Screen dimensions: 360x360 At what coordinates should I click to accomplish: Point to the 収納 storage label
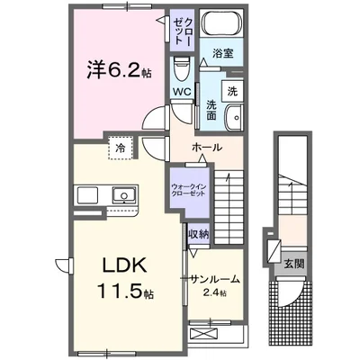[198, 234]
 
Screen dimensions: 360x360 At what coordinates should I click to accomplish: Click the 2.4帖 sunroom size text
[215, 293]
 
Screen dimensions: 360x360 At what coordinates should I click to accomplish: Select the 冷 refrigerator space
[119, 146]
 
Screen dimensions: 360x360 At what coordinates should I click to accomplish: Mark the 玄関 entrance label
[292, 265]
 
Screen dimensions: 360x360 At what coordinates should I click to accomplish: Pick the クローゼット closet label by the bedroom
[182, 31]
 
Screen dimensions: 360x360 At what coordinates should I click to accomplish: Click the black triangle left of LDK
[62, 265]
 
